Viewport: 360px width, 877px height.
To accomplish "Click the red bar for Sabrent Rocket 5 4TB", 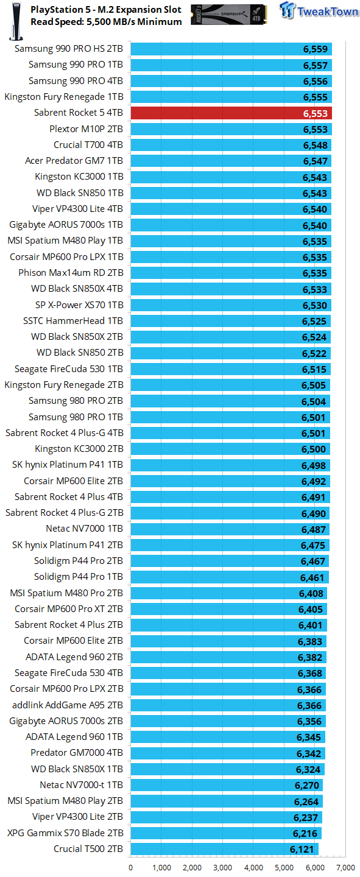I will (230, 113).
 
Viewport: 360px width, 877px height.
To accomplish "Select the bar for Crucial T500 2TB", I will (224, 849).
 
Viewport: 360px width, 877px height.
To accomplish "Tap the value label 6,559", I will (316, 49).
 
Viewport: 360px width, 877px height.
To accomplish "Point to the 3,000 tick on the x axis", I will (223, 867).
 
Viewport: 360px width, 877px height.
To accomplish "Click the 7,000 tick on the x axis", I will (345, 867).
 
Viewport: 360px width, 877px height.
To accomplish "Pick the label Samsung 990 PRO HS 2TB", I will (68, 49).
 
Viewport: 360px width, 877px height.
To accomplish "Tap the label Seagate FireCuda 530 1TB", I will (68, 369).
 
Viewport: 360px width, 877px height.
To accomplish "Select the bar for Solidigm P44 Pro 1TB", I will (230, 577).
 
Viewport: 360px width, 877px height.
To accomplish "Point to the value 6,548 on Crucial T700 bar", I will (315, 146).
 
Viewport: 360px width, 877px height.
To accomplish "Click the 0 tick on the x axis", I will (131, 867).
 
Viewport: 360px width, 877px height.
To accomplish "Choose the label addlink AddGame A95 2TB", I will (68, 705).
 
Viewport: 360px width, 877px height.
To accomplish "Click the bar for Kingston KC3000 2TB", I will (230, 449).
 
